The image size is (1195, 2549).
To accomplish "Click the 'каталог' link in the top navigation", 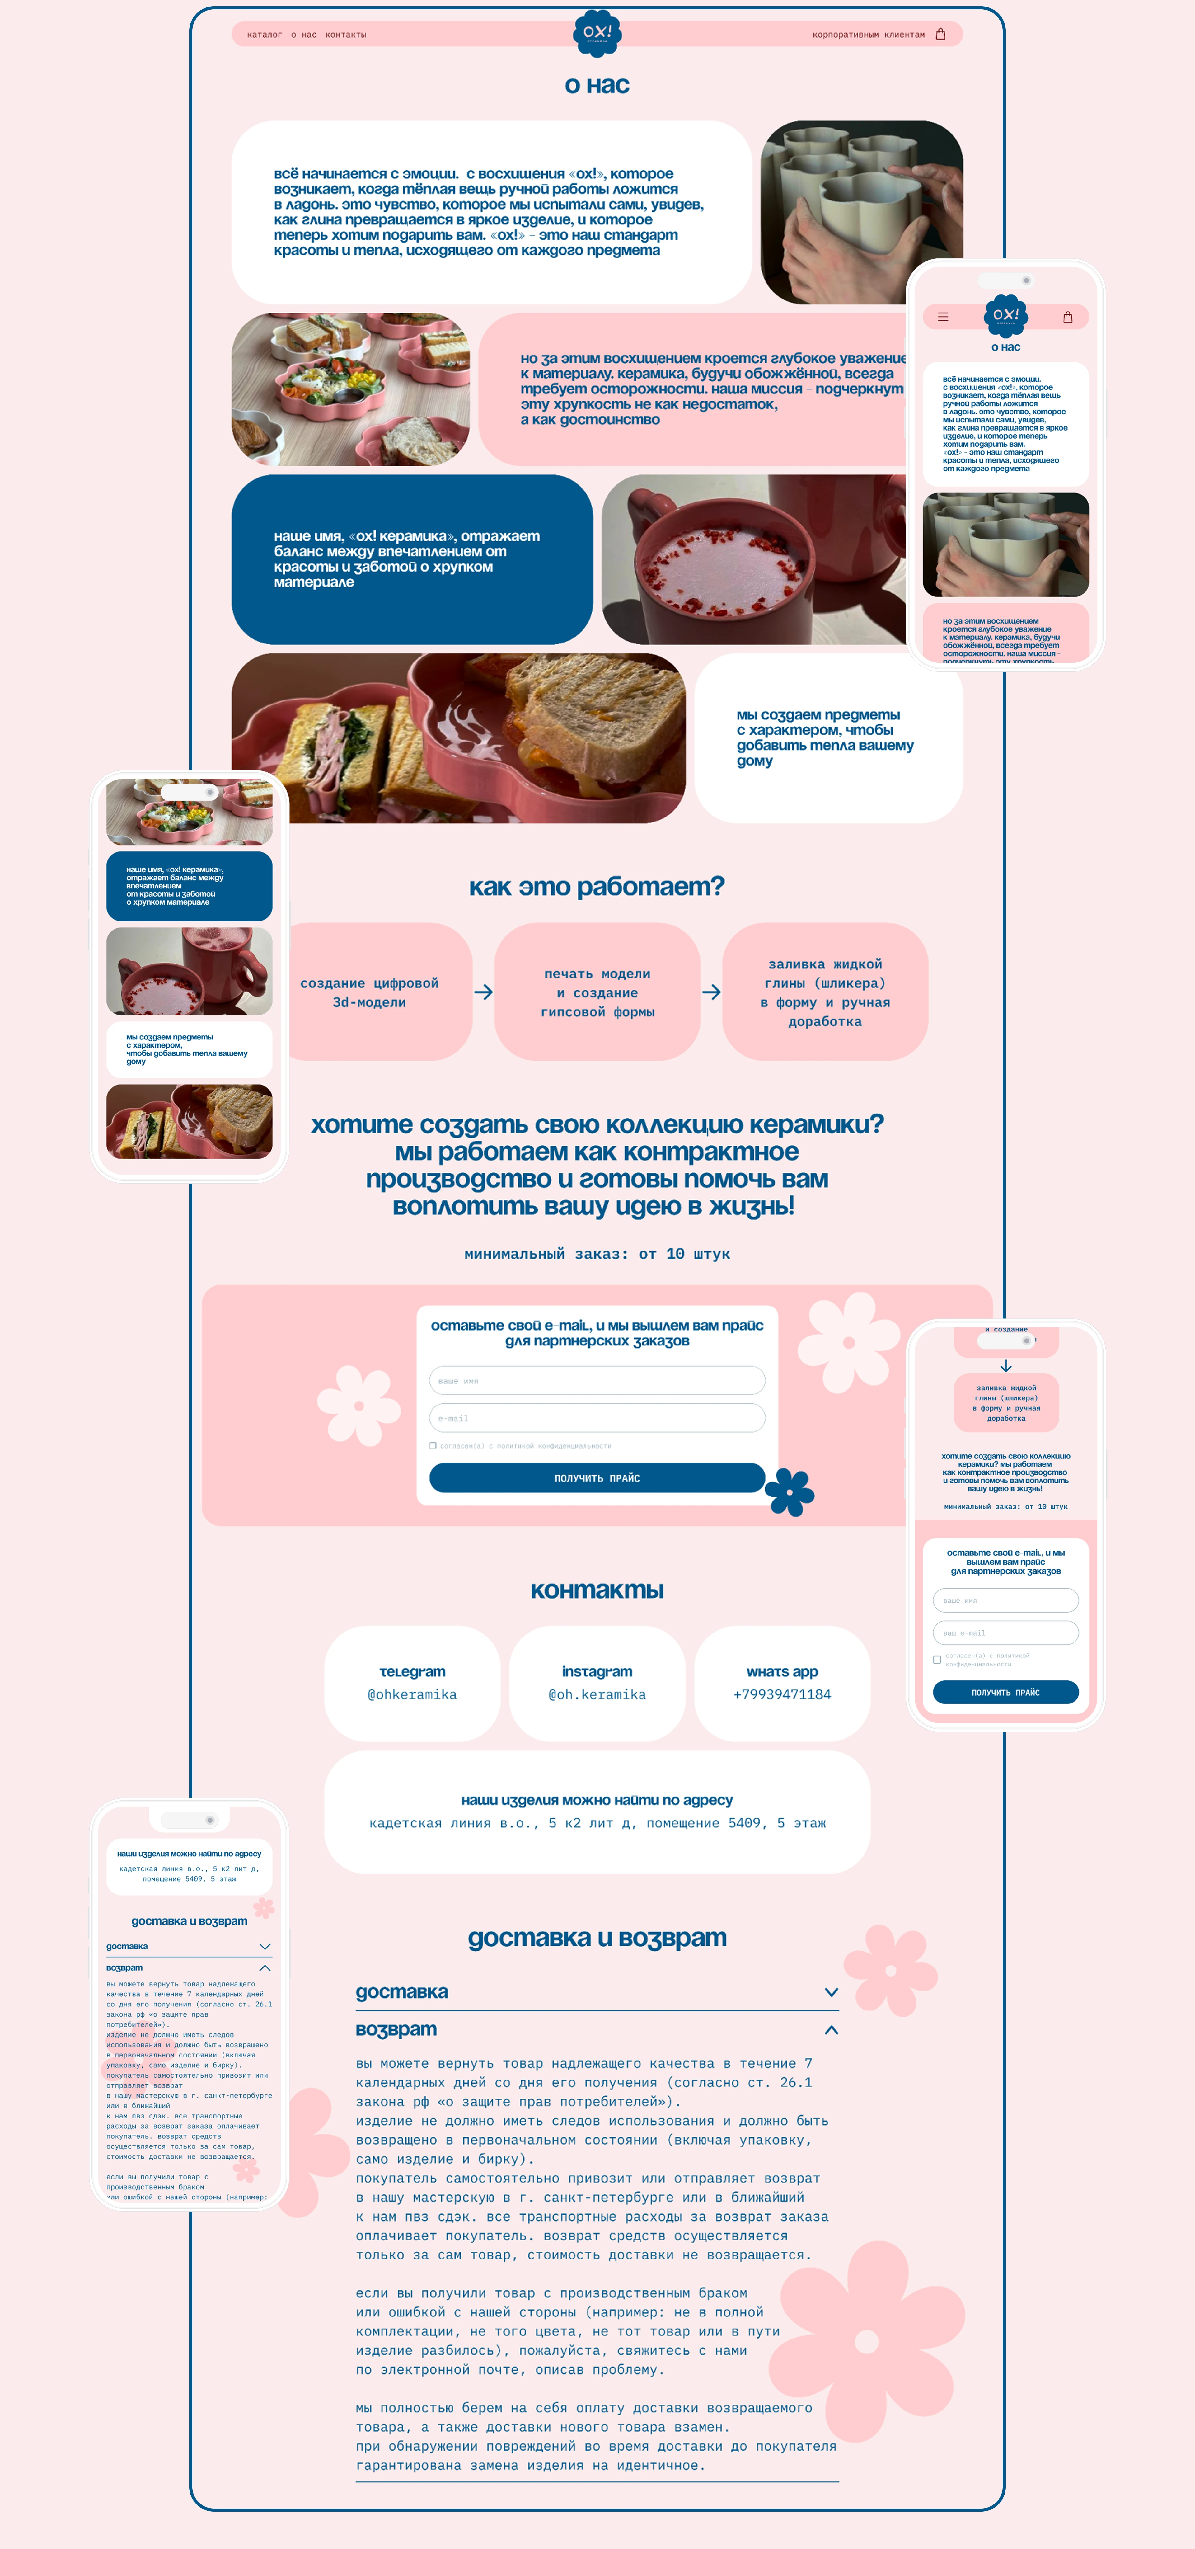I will tap(264, 35).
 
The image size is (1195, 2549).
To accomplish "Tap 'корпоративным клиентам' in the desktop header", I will tap(868, 35).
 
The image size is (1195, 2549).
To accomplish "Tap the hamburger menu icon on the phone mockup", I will tap(943, 317).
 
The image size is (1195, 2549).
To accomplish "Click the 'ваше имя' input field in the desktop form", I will tap(597, 1380).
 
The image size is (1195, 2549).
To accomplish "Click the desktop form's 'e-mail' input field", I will tap(597, 1418).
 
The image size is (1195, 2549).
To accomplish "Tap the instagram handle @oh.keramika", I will tap(597, 1694).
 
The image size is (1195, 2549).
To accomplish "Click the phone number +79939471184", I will tap(781, 1694).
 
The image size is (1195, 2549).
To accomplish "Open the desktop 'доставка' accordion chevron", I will tap(831, 1992).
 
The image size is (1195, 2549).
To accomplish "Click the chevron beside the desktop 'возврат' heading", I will tap(831, 2029).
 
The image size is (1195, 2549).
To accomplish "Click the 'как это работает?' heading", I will tap(597, 887).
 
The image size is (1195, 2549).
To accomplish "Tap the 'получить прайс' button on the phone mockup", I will tap(1005, 1692).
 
